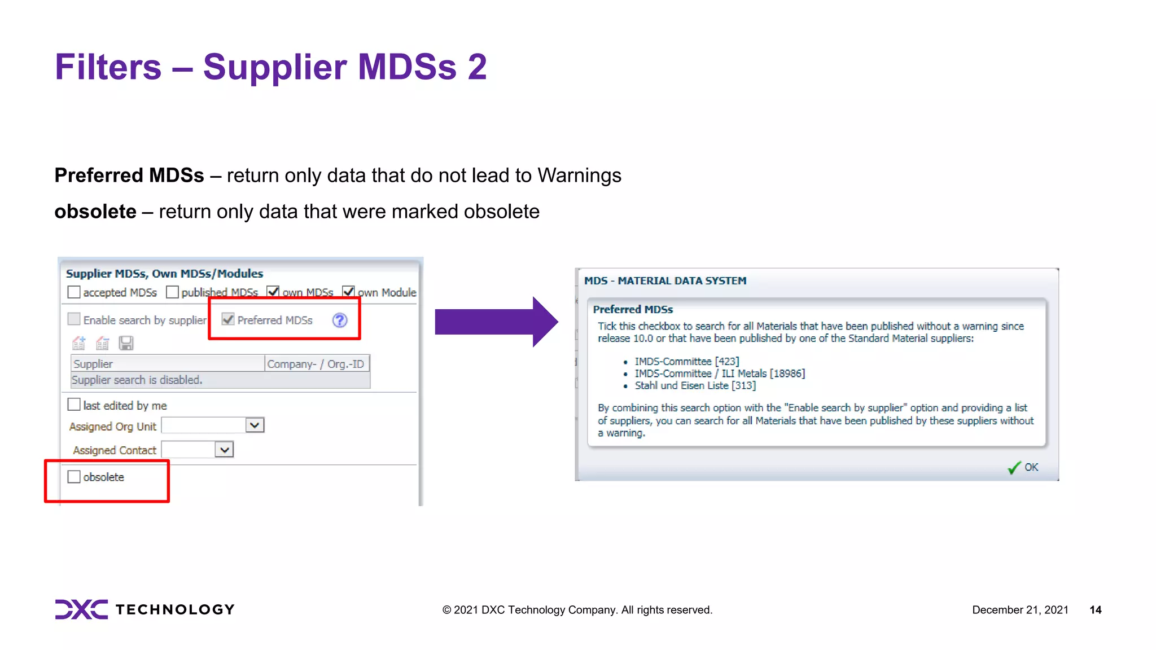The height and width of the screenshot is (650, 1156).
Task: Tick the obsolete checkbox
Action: [x=74, y=477]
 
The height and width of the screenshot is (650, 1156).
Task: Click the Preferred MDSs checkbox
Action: [x=228, y=319]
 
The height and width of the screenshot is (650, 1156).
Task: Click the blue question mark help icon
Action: [x=340, y=320]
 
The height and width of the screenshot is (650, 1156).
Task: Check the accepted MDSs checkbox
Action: [x=74, y=292]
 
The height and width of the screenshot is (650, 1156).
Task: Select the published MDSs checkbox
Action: [x=172, y=292]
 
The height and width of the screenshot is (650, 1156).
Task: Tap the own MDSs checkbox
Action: [x=273, y=292]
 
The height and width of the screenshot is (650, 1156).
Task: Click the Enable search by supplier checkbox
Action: [x=74, y=319]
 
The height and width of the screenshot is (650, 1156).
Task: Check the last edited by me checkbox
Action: [x=74, y=405]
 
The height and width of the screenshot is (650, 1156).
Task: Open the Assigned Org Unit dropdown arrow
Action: [x=255, y=425]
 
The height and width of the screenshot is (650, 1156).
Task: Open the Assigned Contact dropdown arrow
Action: [x=224, y=450]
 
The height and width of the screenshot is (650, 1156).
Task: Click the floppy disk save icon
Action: [x=126, y=343]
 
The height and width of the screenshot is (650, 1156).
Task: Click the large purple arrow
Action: [x=496, y=322]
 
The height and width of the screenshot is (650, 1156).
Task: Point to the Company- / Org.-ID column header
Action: [x=316, y=364]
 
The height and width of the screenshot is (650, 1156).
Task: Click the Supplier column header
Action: [x=168, y=364]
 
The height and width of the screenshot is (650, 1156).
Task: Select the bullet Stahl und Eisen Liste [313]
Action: [x=695, y=386]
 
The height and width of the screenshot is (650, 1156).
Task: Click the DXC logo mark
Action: [x=81, y=609]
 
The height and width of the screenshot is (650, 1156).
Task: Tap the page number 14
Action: [x=1095, y=610]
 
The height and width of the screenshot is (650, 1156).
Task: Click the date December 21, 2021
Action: [x=1020, y=610]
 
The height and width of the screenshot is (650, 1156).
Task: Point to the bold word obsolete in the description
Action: [x=95, y=212]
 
